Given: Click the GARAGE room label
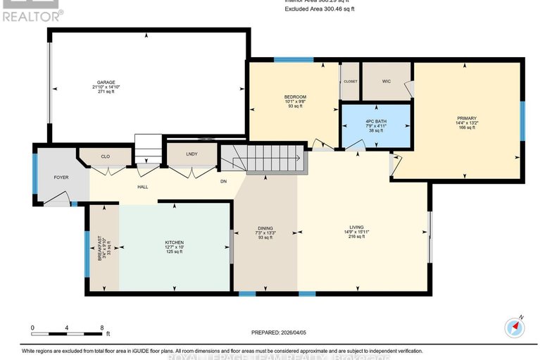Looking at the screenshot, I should [x=106, y=82].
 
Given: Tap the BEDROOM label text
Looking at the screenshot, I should [x=295, y=97].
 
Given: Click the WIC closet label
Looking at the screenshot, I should [x=387, y=81].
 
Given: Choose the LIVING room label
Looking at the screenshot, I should [x=356, y=227].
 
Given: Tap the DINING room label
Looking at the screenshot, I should [x=265, y=228].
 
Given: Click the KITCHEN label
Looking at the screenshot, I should [x=174, y=242].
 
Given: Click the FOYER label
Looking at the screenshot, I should [x=61, y=177].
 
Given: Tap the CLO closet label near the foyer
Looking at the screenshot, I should [x=105, y=156].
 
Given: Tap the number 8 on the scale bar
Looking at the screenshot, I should [x=102, y=328].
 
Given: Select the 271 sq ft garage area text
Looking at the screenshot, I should [x=106, y=92].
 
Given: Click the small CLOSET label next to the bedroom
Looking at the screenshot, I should [x=350, y=82].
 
